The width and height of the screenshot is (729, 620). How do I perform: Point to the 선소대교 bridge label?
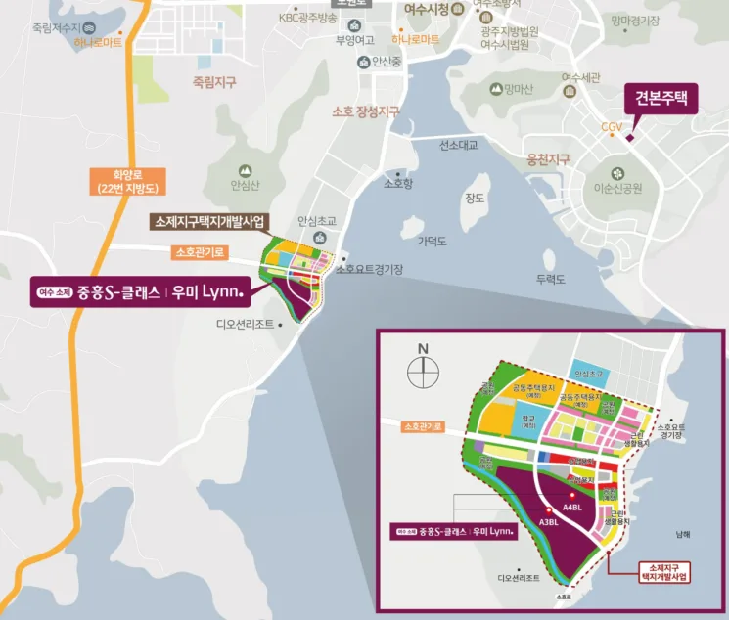[458, 145]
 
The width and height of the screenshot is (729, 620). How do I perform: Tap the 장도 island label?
[475, 199]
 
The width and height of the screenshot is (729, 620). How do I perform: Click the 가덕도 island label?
[432, 241]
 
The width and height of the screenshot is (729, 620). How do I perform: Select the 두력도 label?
[551, 280]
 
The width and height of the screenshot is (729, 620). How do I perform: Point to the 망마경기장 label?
[634, 20]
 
